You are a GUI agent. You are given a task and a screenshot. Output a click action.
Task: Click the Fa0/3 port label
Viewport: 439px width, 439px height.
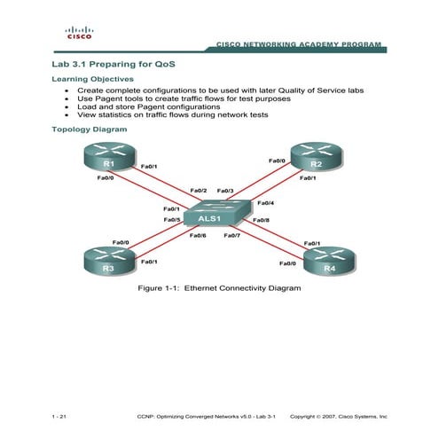[x=225, y=191]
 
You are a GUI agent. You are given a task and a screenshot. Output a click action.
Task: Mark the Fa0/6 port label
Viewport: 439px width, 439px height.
[x=198, y=235]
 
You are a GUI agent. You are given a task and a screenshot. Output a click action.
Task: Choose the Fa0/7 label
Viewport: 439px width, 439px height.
[x=231, y=235]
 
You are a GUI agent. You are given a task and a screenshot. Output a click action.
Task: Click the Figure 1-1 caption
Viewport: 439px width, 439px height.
[x=218, y=288]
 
